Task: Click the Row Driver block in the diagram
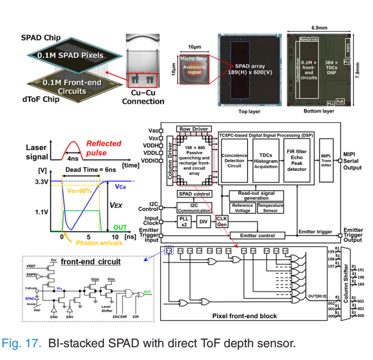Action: [x=193, y=129]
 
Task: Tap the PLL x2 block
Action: [x=185, y=221]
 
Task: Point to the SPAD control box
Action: [x=194, y=193]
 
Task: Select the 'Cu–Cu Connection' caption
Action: [x=143, y=97]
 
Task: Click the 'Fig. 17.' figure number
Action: [x=22, y=343]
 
